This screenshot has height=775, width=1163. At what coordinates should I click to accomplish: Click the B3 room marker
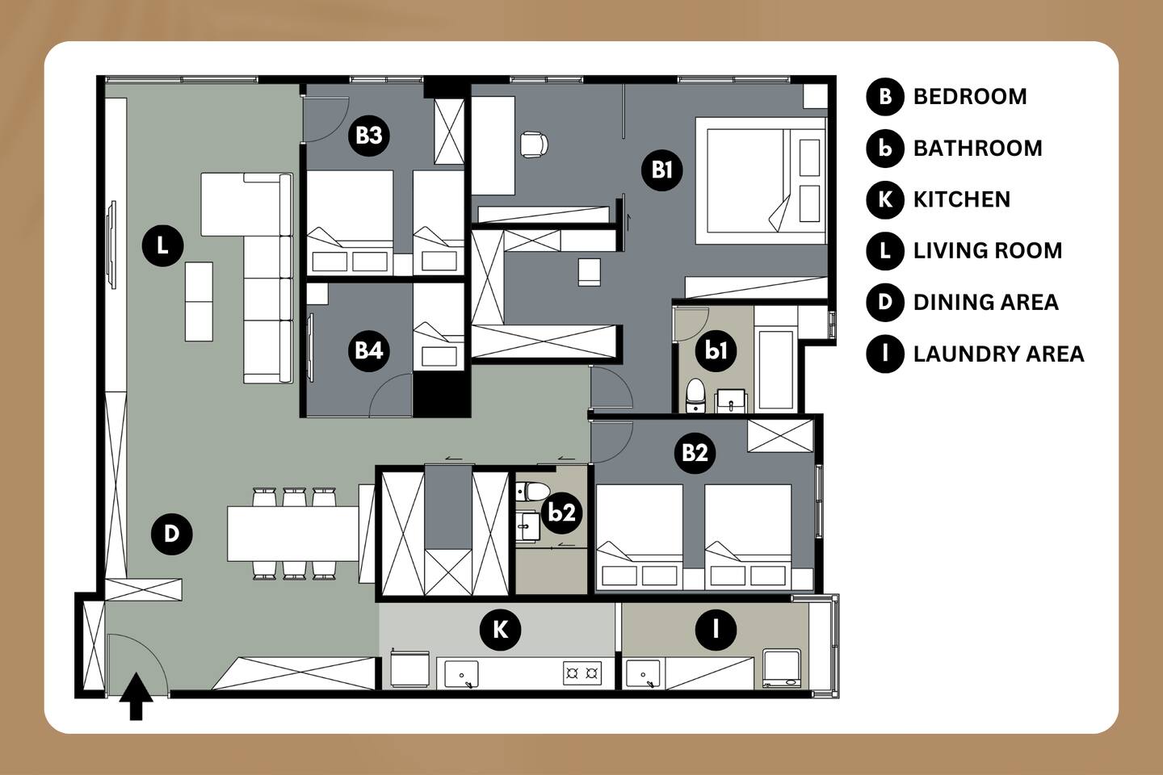pos(368,136)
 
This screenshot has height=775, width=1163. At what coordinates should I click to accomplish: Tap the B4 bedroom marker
pos(368,350)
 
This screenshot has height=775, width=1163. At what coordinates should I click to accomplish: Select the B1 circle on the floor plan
pos(662,170)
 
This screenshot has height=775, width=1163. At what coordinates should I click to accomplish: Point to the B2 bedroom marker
pos(695,453)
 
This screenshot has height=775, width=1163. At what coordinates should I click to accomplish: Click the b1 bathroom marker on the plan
pos(716,351)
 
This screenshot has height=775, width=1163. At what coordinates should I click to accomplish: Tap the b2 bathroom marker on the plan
pos(562,513)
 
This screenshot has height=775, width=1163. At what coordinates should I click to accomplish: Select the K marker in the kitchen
pos(500,630)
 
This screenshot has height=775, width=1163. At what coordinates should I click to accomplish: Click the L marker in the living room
pos(162,245)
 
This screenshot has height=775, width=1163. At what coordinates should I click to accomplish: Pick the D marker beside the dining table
pos(172,534)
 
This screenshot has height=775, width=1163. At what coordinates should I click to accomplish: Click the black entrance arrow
pos(136,696)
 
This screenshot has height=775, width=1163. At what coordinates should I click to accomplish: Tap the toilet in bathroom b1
pos(695,395)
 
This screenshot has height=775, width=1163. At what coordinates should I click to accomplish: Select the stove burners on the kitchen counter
pos(582,673)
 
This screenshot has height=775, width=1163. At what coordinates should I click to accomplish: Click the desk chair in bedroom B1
pos(534,145)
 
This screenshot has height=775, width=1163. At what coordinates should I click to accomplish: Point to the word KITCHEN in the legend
pos(962,200)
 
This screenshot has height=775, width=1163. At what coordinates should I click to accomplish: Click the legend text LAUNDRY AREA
pos(998,354)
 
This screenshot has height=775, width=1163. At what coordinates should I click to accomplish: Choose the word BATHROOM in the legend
pos(977,149)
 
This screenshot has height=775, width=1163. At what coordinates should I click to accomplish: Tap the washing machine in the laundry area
pos(782,668)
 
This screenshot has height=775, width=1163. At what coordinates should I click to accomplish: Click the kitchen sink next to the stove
pos(462,674)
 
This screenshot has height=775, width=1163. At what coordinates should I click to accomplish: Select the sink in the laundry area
pos(643,674)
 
